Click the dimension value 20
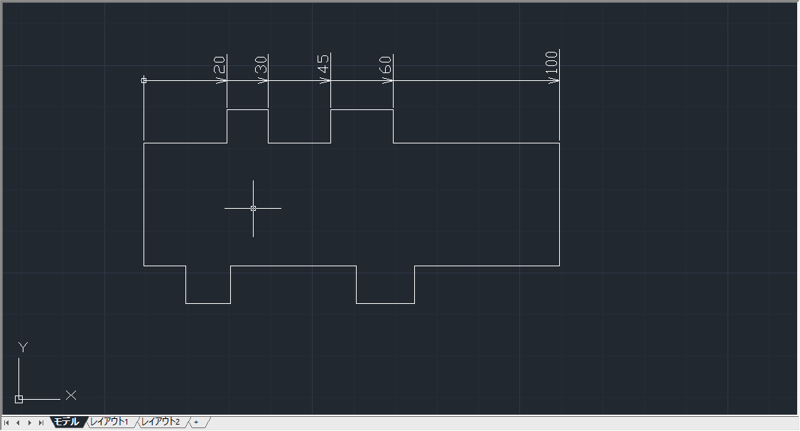(219, 65)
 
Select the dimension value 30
(261, 65)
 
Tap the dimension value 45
(323, 65)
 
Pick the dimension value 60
(386, 65)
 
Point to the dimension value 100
(552, 62)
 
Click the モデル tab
(67, 422)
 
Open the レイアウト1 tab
(109, 422)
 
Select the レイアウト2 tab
(161, 422)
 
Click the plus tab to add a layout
(196, 422)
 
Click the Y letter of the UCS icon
(23, 347)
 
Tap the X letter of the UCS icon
(71, 395)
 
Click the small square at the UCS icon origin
(19, 399)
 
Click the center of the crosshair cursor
(253, 208)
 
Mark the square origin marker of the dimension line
(144, 80)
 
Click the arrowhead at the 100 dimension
(554, 80)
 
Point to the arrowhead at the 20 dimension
(222, 80)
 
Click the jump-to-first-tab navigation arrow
(6, 423)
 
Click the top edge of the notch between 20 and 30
(247, 109)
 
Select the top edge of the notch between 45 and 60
(362, 109)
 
